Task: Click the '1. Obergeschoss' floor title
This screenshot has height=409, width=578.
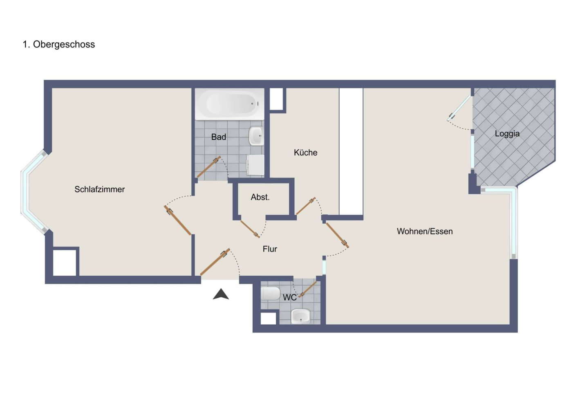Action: tap(59, 44)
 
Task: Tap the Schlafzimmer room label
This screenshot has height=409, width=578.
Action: tap(99, 189)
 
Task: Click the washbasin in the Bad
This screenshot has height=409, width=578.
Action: tap(256, 136)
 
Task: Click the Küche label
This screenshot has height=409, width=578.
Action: tap(305, 153)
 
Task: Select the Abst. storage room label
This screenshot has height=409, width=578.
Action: tap(260, 197)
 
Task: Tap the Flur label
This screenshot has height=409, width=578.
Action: tap(270, 249)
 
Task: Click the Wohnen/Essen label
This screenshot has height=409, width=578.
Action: tap(425, 231)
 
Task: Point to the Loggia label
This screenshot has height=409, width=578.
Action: tap(507, 134)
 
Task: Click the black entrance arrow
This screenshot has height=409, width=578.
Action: tap(221, 294)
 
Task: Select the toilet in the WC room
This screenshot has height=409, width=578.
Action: tap(270, 293)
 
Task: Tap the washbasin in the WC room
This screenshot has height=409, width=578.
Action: tap(300, 316)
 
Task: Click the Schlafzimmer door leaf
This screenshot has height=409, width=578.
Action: tap(178, 221)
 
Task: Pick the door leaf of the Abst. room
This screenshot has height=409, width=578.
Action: tap(249, 229)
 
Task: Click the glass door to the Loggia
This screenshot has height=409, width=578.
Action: tap(459, 108)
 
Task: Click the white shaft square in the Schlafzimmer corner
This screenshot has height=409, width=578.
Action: tap(65, 262)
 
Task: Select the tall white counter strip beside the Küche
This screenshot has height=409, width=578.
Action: tap(351, 151)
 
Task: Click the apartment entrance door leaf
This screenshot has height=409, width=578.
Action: tap(215, 262)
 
